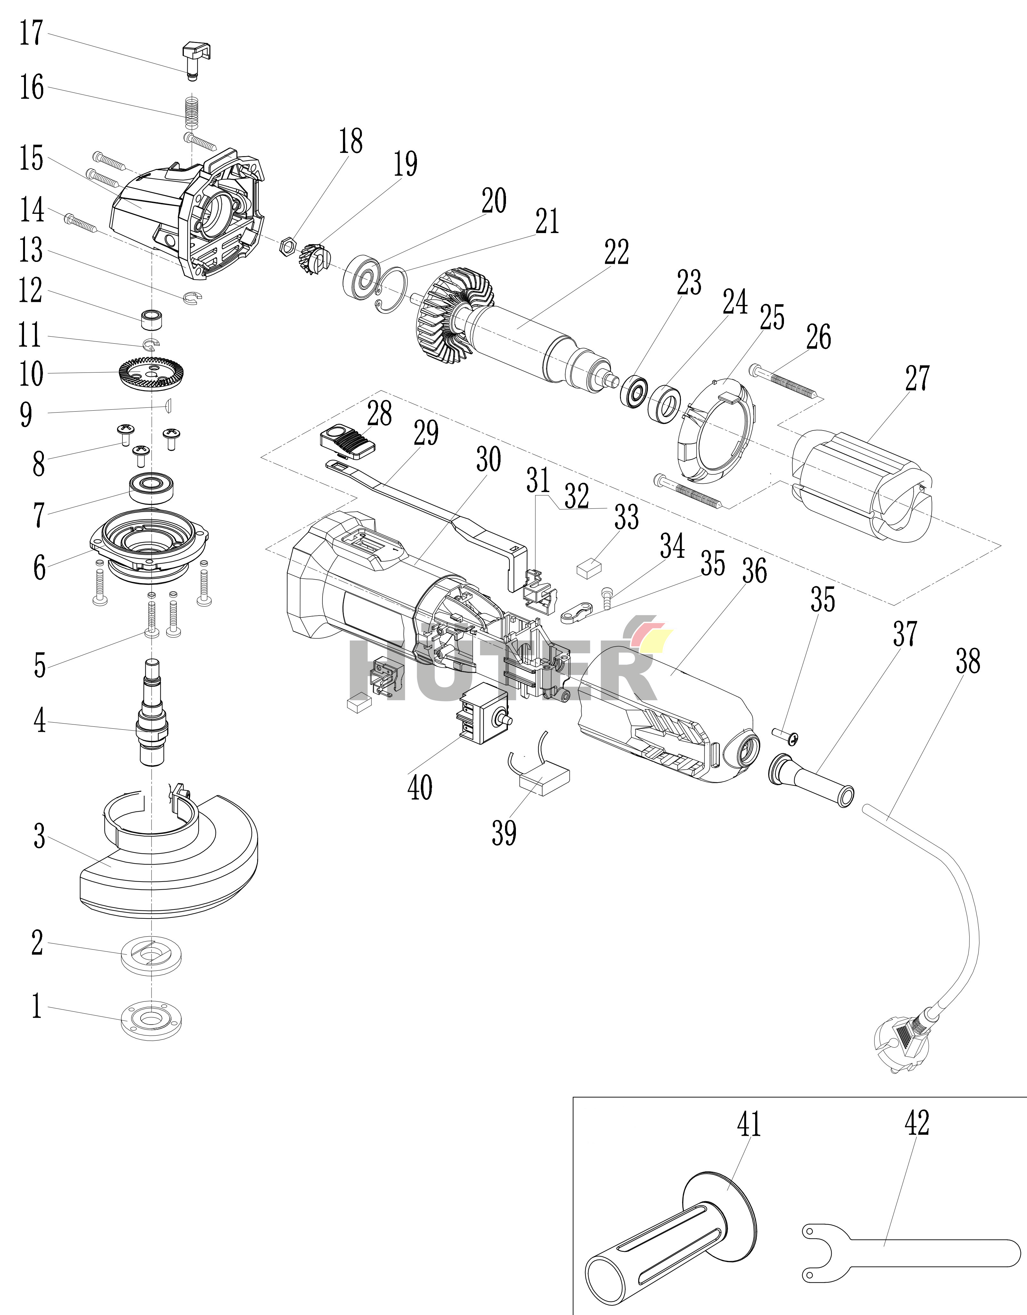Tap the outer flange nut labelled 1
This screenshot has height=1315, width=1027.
pyautogui.click(x=151, y=1020)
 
